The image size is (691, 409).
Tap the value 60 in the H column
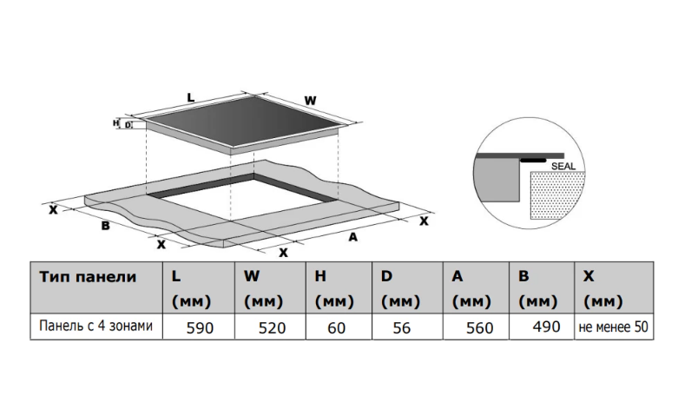336,328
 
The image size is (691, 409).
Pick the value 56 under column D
405,328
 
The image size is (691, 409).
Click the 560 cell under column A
478,328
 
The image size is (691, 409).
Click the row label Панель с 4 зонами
95,327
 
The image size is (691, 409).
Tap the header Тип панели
88,277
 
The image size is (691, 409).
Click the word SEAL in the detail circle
564,165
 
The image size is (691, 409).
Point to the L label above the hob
191,97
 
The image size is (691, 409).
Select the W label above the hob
310,101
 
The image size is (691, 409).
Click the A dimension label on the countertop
353,236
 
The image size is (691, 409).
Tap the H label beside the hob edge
116,123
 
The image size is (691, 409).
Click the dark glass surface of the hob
243,122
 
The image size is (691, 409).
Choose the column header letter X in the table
589,277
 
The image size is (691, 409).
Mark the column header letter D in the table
386,277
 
